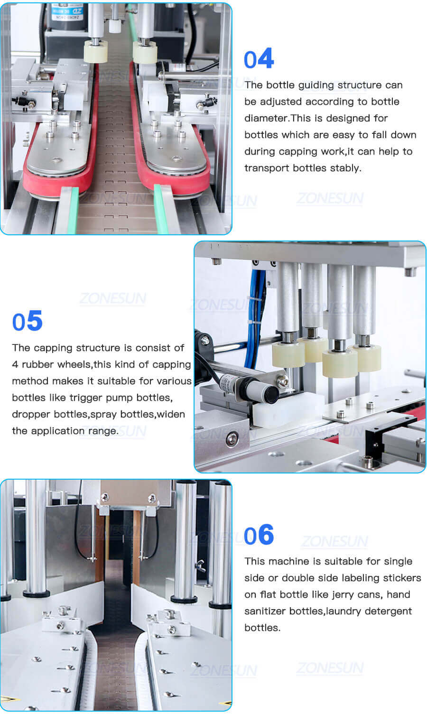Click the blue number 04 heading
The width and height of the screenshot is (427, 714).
coord(259,59)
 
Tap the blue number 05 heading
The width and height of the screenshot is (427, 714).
coord(28,321)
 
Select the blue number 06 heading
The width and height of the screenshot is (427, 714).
coord(259,535)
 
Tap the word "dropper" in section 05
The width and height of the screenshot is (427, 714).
coord(31,414)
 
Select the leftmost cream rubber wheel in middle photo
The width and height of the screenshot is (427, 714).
coord(288,353)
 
